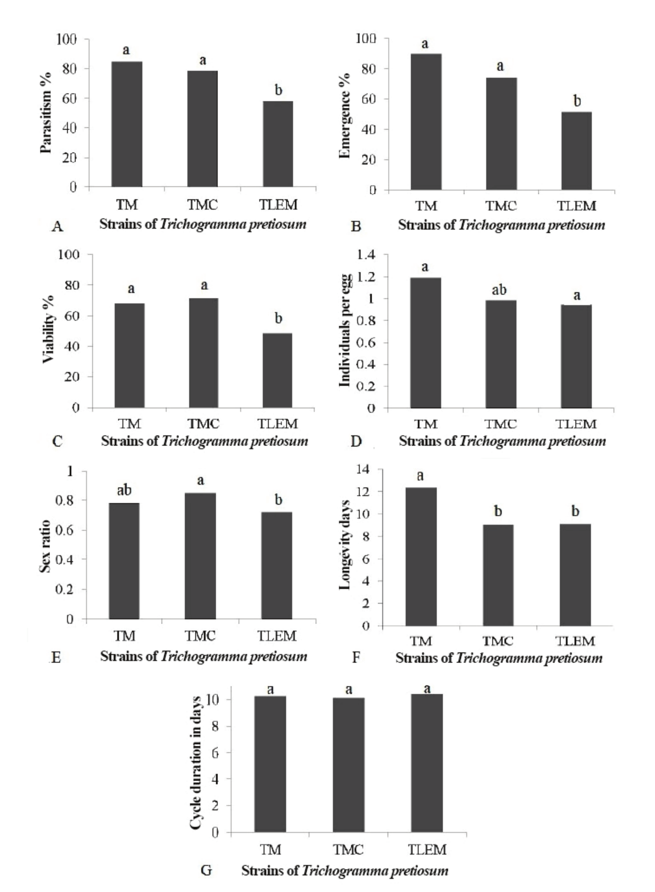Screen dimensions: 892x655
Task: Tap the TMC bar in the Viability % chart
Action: click(203, 353)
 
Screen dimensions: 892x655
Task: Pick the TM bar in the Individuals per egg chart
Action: click(425, 343)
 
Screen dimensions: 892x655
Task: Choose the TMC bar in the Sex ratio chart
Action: click(200, 556)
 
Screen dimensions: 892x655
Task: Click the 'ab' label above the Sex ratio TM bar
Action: click(124, 490)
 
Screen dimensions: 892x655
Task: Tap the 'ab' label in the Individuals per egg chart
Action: click(499, 290)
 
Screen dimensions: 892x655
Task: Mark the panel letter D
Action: click(357, 441)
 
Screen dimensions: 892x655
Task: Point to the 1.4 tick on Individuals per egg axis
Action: click(366, 255)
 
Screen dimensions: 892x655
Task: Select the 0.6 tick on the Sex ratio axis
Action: click(65, 530)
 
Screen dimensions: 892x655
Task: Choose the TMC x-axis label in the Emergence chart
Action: click(501, 206)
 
